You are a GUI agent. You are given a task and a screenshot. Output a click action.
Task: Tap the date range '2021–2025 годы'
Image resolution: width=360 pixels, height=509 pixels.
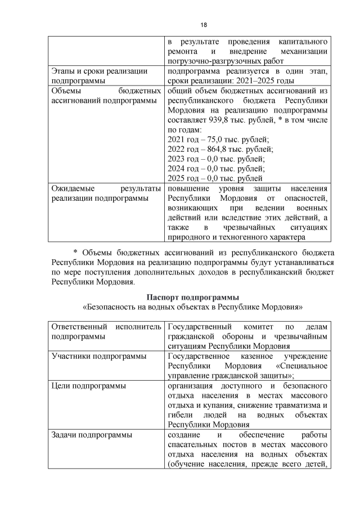258,81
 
